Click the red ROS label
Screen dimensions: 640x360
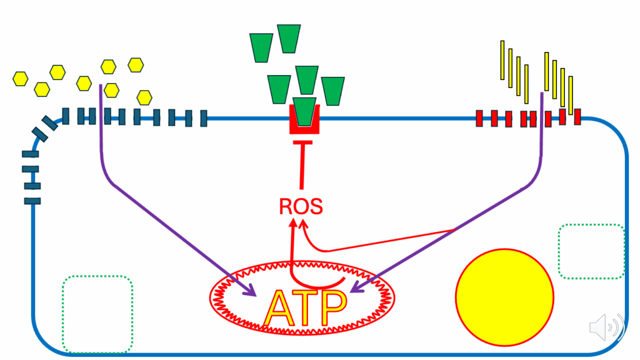pyautogui.click(x=301, y=206)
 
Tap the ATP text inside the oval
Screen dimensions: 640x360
pyautogui.click(x=305, y=307)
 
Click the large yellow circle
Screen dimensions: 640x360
pyautogui.click(x=504, y=297)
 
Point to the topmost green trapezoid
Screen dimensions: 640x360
pyautogui.click(x=289, y=39)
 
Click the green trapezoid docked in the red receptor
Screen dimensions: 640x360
pyautogui.click(x=304, y=111)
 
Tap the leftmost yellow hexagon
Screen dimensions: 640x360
pyautogui.click(x=21, y=79)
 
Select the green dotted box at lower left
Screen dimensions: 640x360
pyautogui.click(x=97, y=276)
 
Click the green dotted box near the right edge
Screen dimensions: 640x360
pyautogui.click(x=591, y=224)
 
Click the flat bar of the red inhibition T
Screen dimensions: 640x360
pyautogui.click(x=303, y=142)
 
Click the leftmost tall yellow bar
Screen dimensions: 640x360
pyautogui.click(x=502, y=60)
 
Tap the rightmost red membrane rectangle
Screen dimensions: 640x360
pyautogui.click(x=577, y=117)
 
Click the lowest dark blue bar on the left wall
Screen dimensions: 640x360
pyautogui.click(x=32, y=201)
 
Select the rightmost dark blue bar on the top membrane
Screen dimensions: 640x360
pyautogui.click(x=204, y=118)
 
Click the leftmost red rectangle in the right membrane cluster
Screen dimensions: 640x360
pyautogui.click(x=479, y=118)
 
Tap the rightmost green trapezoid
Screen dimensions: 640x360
pyautogui.click(x=333, y=91)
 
